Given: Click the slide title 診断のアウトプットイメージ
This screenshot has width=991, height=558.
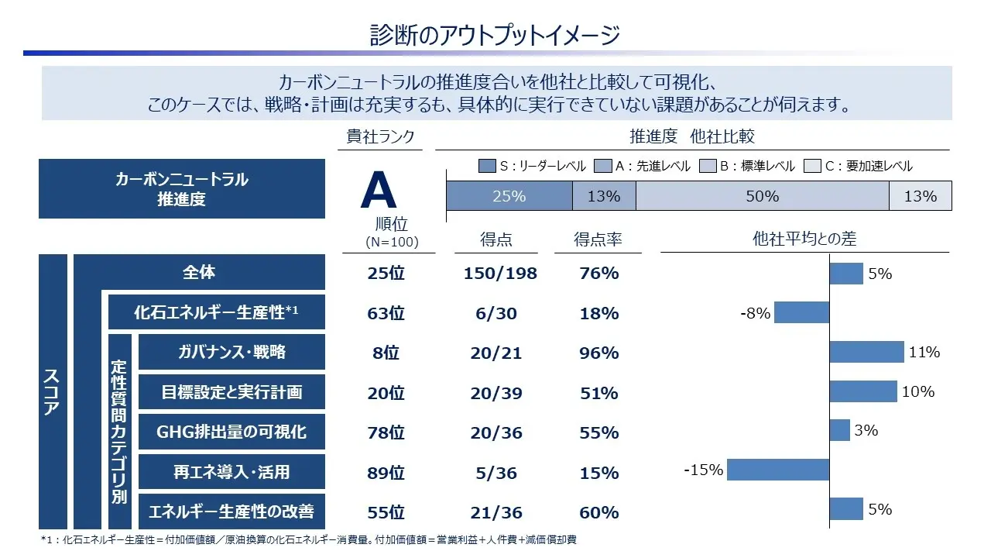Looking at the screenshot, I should coord(495,35).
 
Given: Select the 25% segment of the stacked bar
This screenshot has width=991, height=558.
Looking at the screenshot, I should coord(509,196).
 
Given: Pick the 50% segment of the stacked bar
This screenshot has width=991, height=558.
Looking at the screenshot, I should coord(762,196).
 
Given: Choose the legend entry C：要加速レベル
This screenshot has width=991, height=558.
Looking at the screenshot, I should coord(859,166).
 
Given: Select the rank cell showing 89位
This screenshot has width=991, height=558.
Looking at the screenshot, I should coord(386,473).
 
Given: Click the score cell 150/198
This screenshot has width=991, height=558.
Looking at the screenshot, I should coord(500,273).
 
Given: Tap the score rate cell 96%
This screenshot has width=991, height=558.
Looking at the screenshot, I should coord(598,353).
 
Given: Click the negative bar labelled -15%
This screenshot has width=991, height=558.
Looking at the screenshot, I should coord(778,470).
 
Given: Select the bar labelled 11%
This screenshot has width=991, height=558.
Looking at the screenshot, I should coord(866,352).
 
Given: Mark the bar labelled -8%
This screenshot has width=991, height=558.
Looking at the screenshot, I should coord(801,312).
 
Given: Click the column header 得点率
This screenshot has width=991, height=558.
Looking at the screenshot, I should coord(598,240).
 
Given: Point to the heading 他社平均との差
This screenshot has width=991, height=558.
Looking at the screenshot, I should coord(804,239).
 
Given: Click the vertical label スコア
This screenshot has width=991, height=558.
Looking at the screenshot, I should coord(53,391).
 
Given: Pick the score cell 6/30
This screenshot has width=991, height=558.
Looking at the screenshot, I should coord(495,313).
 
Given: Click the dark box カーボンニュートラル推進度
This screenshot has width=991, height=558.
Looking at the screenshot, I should coord(182,189).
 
